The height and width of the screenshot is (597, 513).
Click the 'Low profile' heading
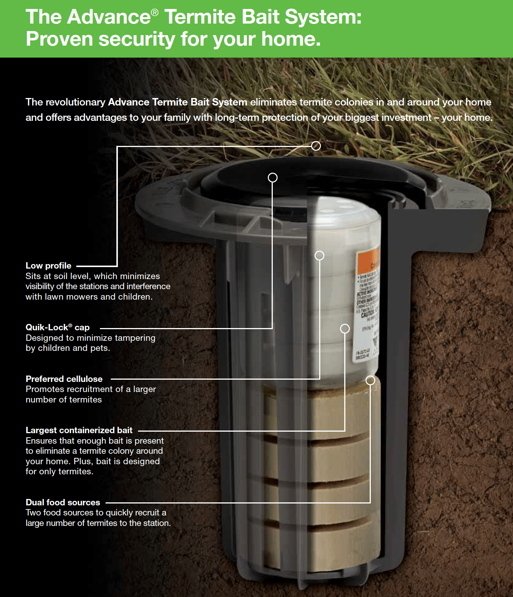click(x=48, y=266)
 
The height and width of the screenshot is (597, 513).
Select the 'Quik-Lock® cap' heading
click(x=57, y=327)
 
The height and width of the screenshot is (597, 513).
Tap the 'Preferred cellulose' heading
click(x=64, y=379)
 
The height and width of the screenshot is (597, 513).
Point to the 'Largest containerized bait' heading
click(x=79, y=430)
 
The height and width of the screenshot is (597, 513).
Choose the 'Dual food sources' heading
click(x=63, y=502)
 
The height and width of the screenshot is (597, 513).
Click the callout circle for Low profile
click(x=316, y=146)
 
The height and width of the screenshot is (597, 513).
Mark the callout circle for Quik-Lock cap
click(x=273, y=177)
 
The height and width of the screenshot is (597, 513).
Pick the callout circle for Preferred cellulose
click(x=319, y=255)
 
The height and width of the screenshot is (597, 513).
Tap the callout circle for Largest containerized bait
click(x=345, y=328)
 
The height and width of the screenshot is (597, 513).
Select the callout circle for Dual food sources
click(x=370, y=380)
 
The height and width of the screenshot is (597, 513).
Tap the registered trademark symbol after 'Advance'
click(x=155, y=13)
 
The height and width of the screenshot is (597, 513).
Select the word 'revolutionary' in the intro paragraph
click(x=76, y=102)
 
